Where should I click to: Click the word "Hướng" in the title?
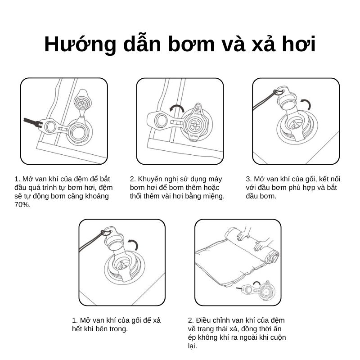pyautogui.click(x=80, y=44)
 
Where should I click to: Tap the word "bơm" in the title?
pyautogui.click(x=191, y=44)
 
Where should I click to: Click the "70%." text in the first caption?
pyautogui.click(x=22, y=205)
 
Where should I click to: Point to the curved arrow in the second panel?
pyautogui.click(x=177, y=108)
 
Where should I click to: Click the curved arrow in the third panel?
pyautogui.click(x=306, y=104)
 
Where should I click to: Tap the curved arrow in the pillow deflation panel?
pyautogui.click(x=133, y=244)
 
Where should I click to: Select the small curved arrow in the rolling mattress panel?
pyautogui.click(x=256, y=283)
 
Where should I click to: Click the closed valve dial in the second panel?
pyautogui.click(x=195, y=124)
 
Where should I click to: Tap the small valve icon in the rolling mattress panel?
pyautogui.click(x=258, y=290)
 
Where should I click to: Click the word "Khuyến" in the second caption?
pyautogui.click(x=150, y=179)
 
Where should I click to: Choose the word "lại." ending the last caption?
pyautogui.click(x=193, y=346)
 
